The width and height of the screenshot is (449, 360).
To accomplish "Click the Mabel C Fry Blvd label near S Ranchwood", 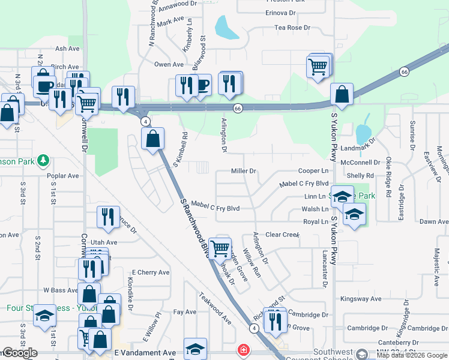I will pos(216,208).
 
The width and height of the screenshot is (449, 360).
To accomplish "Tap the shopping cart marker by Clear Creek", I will pos(220,248).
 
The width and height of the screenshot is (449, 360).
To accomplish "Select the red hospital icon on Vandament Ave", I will pos(243,349).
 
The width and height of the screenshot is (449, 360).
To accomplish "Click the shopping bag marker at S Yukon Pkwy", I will pos(341,95).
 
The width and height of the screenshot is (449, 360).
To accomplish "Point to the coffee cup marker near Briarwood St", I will pos(201,86).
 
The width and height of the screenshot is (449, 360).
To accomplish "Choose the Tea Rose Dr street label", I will pos(292,28).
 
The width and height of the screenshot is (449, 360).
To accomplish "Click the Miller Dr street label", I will pos(244,171).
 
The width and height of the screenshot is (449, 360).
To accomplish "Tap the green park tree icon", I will pos(43,161).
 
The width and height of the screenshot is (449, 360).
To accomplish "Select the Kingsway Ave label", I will pos(361,299).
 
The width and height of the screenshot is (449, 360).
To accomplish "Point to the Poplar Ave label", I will pos(63,176).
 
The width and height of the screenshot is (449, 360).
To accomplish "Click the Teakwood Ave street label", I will pos(215,308).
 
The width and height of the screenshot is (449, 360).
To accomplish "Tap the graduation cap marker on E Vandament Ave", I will pos(195,348).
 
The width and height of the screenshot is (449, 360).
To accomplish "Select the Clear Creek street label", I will pos(282,235).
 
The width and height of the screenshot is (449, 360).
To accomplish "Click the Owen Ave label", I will pos(169,65).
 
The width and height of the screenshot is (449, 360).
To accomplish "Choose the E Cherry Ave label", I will pos(151,272).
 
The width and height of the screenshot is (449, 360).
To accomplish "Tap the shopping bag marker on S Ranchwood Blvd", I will pos(153,139).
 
